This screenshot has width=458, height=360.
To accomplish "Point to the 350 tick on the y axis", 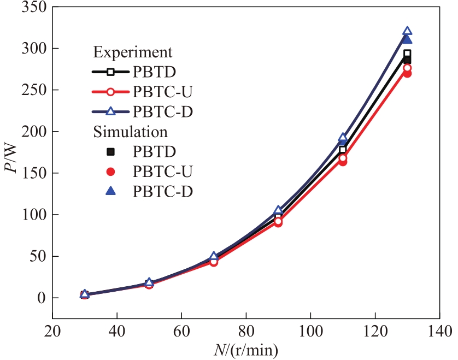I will click(34, 7).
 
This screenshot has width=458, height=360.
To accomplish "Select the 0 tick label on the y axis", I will click(42, 298).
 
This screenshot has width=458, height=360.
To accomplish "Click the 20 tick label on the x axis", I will click(52, 331).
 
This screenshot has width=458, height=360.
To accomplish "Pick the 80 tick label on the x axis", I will click(246, 331).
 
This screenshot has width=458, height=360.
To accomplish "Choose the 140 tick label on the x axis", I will click(439, 331).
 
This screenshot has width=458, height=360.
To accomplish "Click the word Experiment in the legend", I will click(133, 52).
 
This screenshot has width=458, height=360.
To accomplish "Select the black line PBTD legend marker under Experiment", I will click(110, 72).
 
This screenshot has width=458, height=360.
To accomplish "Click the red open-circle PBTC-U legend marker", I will click(110, 91).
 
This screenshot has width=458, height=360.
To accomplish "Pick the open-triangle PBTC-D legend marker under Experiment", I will click(110, 111).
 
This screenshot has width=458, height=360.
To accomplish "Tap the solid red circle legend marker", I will click(110, 172).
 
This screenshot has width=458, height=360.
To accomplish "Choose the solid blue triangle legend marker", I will click(110, 191).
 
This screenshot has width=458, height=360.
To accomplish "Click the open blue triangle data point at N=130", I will click(407, 32).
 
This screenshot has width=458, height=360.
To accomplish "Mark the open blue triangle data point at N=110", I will click(343, 138).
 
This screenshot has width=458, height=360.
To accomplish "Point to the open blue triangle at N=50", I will click(149, 282).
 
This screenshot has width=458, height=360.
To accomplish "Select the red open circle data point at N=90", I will click(278, 222).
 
